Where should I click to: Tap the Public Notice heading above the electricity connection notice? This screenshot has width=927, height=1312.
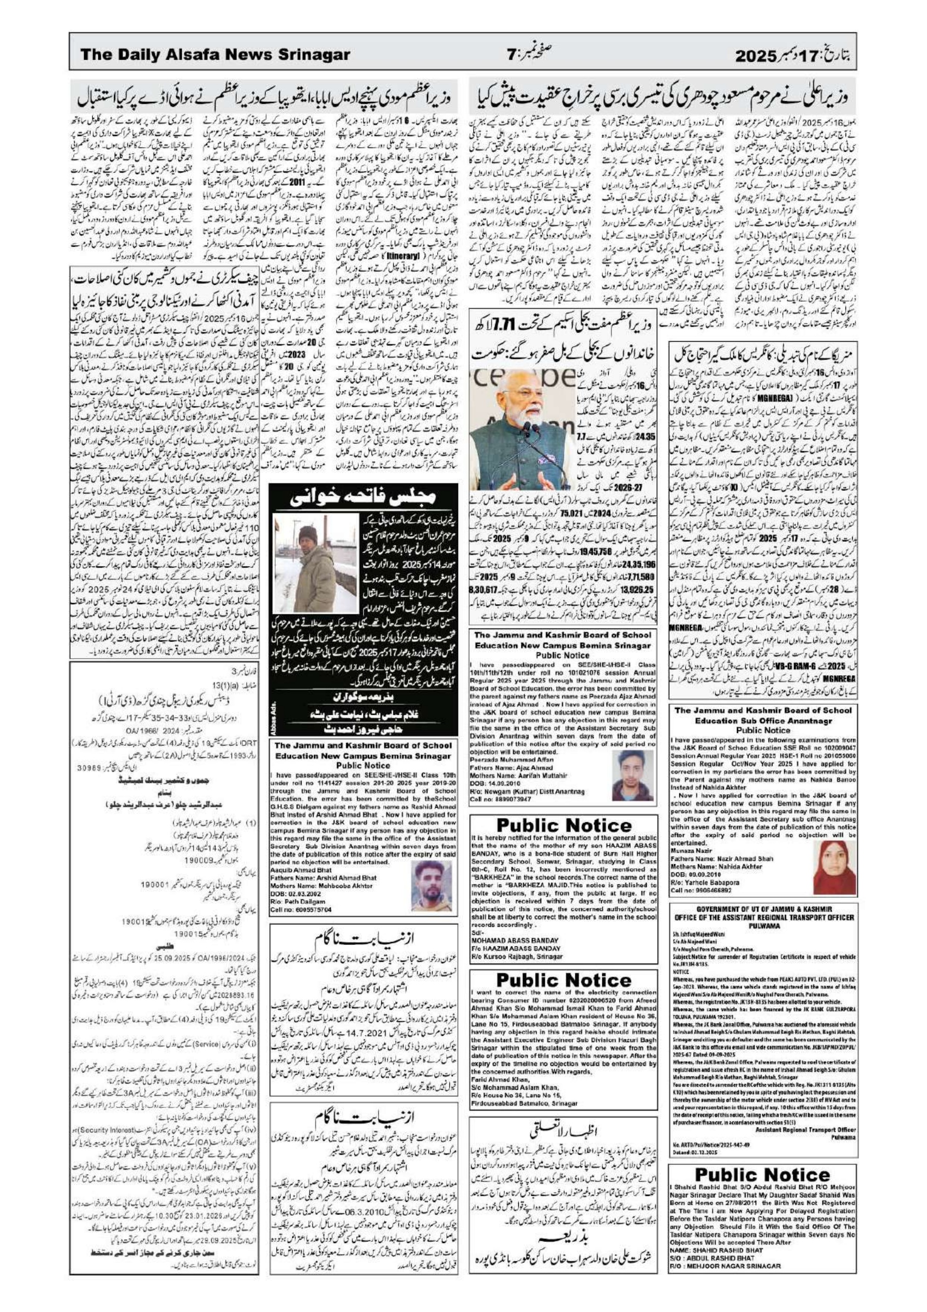point(563,980)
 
